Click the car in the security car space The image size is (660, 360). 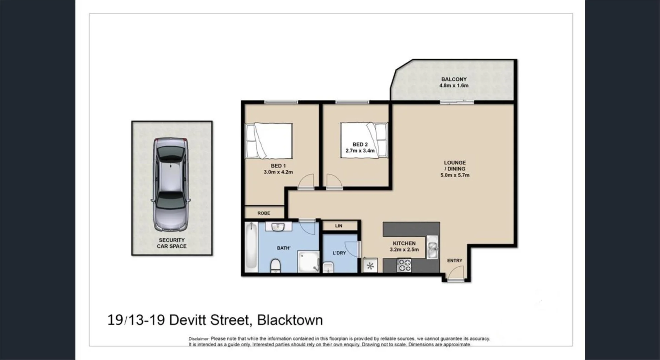[x=171, y=184]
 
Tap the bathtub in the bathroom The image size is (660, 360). [x=251, y=247]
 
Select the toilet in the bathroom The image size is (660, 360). [x=276, y=266]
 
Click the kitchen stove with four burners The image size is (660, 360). [x=404, y=265]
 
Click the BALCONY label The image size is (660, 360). [x=454, y=79]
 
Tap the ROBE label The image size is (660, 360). [x=264, y=213]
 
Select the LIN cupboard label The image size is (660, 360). [x=339, y=226]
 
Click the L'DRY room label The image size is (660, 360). [x=339, y=253]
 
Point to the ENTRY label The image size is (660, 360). [x=454, y=261]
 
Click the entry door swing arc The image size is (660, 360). [x=455, y=274]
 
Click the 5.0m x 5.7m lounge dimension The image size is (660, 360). [x=455, y=175]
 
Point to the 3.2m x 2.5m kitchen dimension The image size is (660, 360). [x=404, y=250]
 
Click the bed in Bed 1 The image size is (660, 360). [x=269, y=141]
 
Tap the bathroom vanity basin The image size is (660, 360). [x=278, y=227]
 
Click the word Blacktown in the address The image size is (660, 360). [x=290, y=320]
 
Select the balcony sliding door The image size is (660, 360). [x=457, y=102]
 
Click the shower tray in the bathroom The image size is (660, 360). [x=308, y=262]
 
